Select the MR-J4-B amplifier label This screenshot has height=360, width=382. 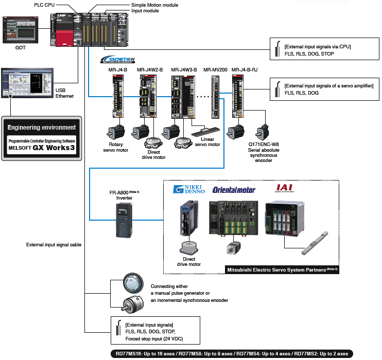click(x=117, y=69)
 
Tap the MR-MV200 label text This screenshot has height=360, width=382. click(x=215, y=69)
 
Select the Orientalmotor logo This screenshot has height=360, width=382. click(x=234, y=189)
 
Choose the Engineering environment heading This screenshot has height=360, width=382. click(x=42, y=128)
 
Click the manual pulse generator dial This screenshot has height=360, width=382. click(x=126, y=284)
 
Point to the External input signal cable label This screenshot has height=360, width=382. click(x=54, y=245)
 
